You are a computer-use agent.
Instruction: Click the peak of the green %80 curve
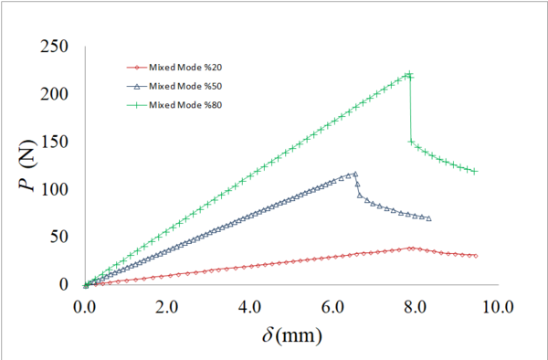pyautogui.click(x=409, y=75)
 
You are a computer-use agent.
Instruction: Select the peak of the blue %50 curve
pyautogui.click(x=354, y=174)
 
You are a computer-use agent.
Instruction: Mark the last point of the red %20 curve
pyautogui.click(x=476, y=256)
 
